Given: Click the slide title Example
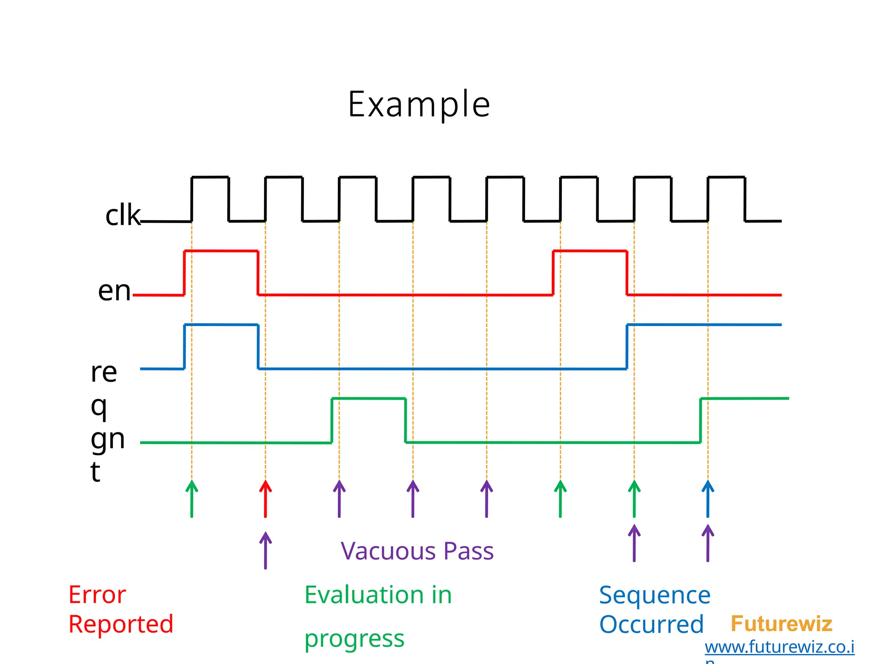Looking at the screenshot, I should tap(419, 104).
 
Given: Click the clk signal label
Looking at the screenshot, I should tap(123, 215).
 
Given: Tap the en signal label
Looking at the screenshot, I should tap(114, 290).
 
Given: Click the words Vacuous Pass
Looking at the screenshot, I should tap(417, 551).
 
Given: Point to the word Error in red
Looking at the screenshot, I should tap(97, 595).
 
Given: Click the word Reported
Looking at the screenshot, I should tap(121, 624).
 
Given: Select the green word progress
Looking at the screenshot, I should tap(354, 639).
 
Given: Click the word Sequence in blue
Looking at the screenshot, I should tap(655, 595).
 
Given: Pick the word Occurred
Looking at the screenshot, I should tap(651, 625).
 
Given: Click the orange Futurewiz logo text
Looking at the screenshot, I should tap(781, 624).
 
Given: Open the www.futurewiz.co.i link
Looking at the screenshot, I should tap(779, 647).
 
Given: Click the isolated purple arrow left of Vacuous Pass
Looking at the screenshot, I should tap(265, 550).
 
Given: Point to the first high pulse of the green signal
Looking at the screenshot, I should tap(368, 399).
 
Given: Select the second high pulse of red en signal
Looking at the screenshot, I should tap(590, 251).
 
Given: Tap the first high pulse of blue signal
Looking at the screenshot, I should tap(221, 325).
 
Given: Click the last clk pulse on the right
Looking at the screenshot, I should tap(726, 177).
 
